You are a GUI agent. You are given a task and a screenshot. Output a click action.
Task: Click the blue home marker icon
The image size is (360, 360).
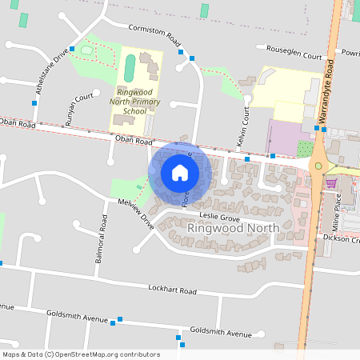[x=179, y=173]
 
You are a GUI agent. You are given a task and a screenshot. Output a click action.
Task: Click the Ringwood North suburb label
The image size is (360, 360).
[x=233, y=228]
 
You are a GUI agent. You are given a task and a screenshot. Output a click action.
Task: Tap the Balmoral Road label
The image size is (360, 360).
[x=102, y=239]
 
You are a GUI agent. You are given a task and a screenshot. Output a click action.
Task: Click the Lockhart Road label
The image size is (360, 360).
[x=172, y=289]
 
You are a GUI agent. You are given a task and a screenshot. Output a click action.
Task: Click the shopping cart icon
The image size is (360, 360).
[x=331, y=183]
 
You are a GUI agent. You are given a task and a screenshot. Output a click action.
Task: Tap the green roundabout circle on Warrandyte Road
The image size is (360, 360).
[x=318, y=166]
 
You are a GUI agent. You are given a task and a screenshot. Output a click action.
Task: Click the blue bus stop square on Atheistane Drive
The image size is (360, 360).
[x=72, y=49]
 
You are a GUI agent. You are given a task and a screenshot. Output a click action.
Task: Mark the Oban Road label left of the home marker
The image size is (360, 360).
[x=133, y=141]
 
